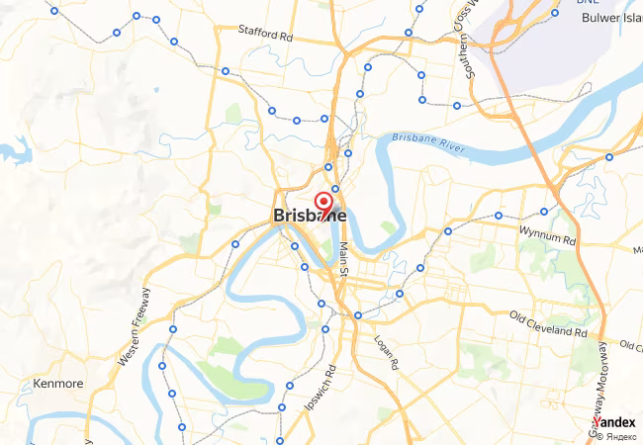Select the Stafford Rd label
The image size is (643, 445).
266,32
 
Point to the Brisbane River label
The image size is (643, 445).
427,142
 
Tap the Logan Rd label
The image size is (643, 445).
386,352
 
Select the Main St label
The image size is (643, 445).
344,259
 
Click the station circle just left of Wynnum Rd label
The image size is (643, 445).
499,216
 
